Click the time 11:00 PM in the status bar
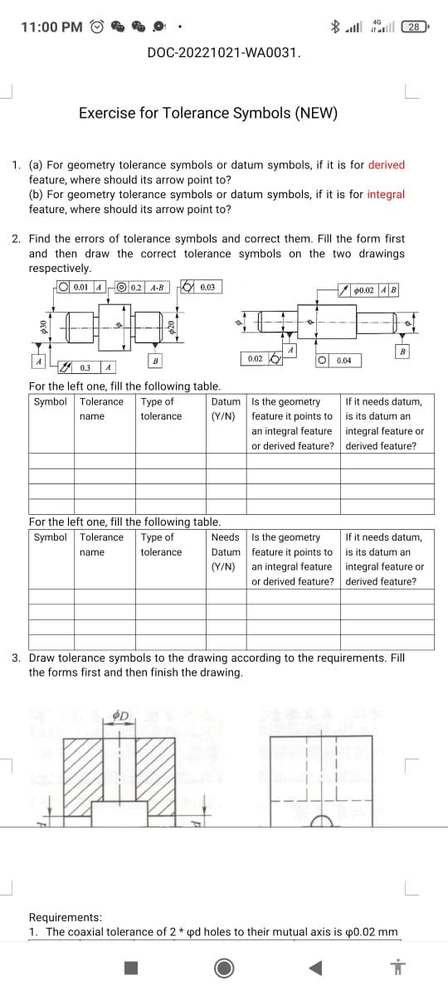51,27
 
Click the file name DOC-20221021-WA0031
223,53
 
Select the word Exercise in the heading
105,113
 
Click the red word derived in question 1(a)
386,165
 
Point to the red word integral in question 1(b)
386,195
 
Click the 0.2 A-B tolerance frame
144,288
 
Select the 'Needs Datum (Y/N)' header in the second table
226,551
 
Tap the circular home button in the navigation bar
223,968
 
